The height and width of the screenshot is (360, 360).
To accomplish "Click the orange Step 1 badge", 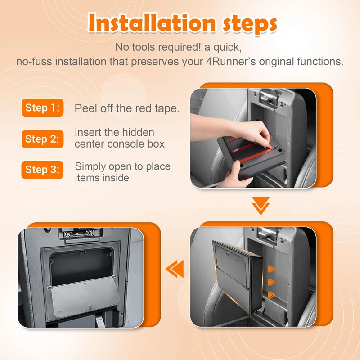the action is pos(42,108).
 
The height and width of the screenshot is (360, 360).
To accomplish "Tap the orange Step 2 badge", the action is pos(42,139).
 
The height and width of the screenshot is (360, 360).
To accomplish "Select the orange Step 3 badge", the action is pos(42,170).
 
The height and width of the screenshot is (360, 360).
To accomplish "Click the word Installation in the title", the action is pos(152,23).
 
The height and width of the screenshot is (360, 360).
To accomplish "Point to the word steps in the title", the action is pos(250,24).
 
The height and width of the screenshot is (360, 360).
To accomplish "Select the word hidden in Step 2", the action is pos(138,132).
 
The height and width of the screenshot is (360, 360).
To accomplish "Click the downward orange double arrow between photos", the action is pos(261,206).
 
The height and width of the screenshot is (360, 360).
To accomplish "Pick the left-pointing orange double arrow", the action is pos(175,269).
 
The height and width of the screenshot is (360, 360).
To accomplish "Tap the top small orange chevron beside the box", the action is pos(271,269).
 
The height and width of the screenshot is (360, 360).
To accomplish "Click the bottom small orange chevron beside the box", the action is pos(271,295).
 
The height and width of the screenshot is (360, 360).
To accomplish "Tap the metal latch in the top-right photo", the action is pos(269,96).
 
